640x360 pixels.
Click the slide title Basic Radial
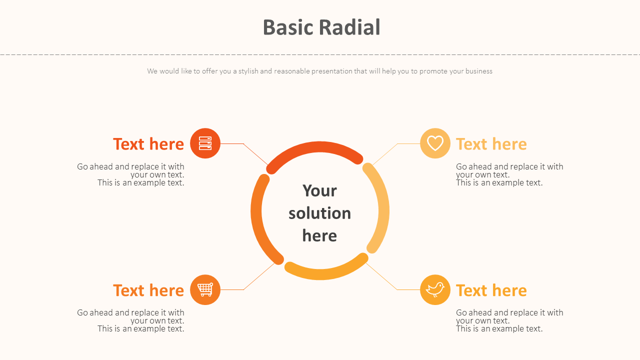321,27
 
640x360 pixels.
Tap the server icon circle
205,143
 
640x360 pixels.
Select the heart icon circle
435,143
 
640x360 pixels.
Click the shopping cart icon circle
205,289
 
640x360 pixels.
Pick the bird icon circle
435,289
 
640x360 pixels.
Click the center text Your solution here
319,213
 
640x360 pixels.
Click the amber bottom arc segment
325,274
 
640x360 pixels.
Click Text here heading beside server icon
148,144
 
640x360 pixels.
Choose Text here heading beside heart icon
491,144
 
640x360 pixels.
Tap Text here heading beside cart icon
148,290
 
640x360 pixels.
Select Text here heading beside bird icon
491,290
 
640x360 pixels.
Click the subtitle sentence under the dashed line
319,71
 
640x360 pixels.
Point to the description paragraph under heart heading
509,174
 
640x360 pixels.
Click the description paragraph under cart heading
131,320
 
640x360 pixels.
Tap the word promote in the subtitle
433,71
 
